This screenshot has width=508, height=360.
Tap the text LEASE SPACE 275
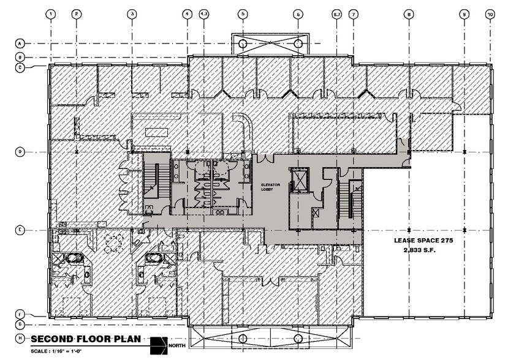(x=423, y=241)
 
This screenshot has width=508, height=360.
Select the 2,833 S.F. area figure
(x=423, y=250)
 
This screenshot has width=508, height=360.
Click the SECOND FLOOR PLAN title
(x=85, y=339)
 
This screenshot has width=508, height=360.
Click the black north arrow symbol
(x=159, y=345)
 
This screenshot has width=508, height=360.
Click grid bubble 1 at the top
(x=51, y=13)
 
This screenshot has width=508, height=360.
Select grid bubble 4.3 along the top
(x=204, y=13)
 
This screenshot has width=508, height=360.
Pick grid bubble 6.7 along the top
(x=336, y=13)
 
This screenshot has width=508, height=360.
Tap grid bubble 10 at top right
(x=490, y=13)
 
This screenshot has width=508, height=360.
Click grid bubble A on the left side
(x=20, y=43)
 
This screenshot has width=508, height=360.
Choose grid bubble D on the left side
(x=20, y=151)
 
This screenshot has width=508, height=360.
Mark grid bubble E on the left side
(x=20, y=230)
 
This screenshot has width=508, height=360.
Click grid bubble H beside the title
(x=20, y=339)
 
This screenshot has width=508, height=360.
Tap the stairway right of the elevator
(x=355, y=198)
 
